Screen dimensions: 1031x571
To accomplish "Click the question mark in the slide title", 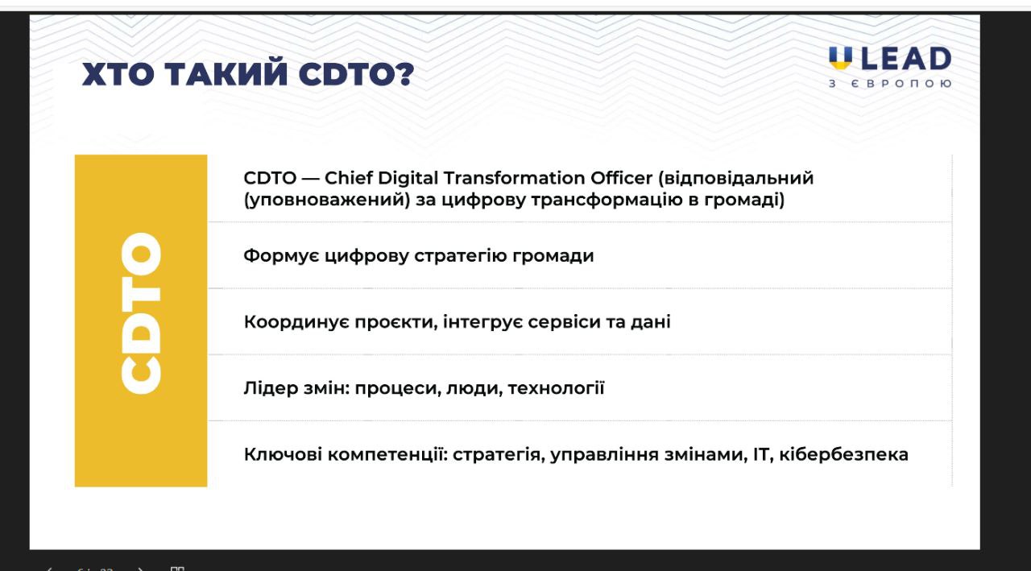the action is (406, 73).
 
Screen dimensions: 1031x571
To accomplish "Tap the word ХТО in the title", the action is (118, 73).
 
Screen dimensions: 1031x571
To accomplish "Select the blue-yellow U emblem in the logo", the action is (840, 58).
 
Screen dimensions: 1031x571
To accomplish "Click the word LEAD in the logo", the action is (906, 59).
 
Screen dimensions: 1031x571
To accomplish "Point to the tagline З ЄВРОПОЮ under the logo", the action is (890, 84).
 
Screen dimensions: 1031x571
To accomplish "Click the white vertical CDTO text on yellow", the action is (141, 313).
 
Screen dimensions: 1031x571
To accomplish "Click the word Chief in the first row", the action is (349, 178).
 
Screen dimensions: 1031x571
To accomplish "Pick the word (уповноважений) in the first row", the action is (327, 201).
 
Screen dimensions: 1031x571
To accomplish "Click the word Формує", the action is (281, 255).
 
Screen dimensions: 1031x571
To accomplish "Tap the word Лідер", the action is (271, 388).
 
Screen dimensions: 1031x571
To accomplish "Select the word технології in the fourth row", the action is (556, 389).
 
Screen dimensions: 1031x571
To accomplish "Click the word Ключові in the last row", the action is (283, 454).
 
